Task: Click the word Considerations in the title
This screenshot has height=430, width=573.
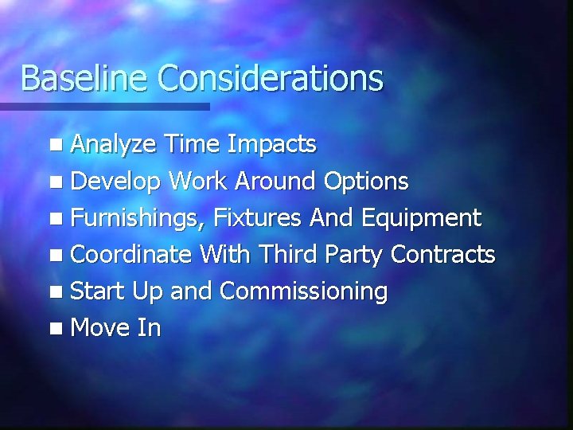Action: click(x=271, y=78)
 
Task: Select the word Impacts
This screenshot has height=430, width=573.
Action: click(x=271, y=144)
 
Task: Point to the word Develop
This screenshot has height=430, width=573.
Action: click(x=117, y=182)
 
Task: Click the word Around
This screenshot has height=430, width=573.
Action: click(x=273, y=181)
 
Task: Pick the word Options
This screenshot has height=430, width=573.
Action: click(x=367, y=182)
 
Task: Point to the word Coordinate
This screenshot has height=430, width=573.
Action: click(x=131, y=255)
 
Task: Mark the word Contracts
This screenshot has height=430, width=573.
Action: click(x=444, y=255)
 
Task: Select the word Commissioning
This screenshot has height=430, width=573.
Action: click(x=303, y=292)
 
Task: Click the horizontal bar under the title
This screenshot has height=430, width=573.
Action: click(x=104, y=106)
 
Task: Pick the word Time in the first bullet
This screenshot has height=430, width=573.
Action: click(x=193, y=144)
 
